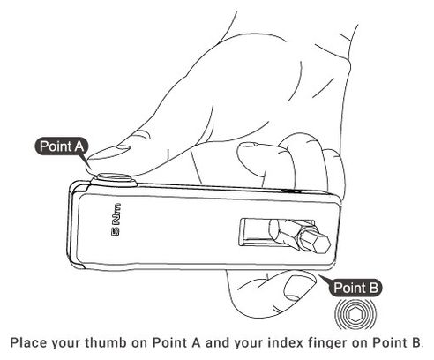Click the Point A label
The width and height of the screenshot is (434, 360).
(x=61, y=146)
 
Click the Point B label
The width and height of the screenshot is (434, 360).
(x=355, y=288)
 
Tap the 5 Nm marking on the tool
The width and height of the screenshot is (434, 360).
(x=116, y=220)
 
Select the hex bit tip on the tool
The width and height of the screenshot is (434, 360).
(x=314, y=242)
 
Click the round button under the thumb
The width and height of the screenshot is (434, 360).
(x=114, y=180)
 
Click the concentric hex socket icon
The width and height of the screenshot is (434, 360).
(x=355, y=314)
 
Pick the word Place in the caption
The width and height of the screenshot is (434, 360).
(x=28, y=343)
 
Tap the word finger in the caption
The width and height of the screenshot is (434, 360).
(x=327, y=343)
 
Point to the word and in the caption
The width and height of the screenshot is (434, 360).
(x=218, y=343)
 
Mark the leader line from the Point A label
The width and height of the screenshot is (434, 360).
(x=87, y=162)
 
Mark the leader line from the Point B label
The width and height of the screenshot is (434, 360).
(x=324, y=279)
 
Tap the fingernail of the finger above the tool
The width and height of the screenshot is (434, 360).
(x=249, y=144)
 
